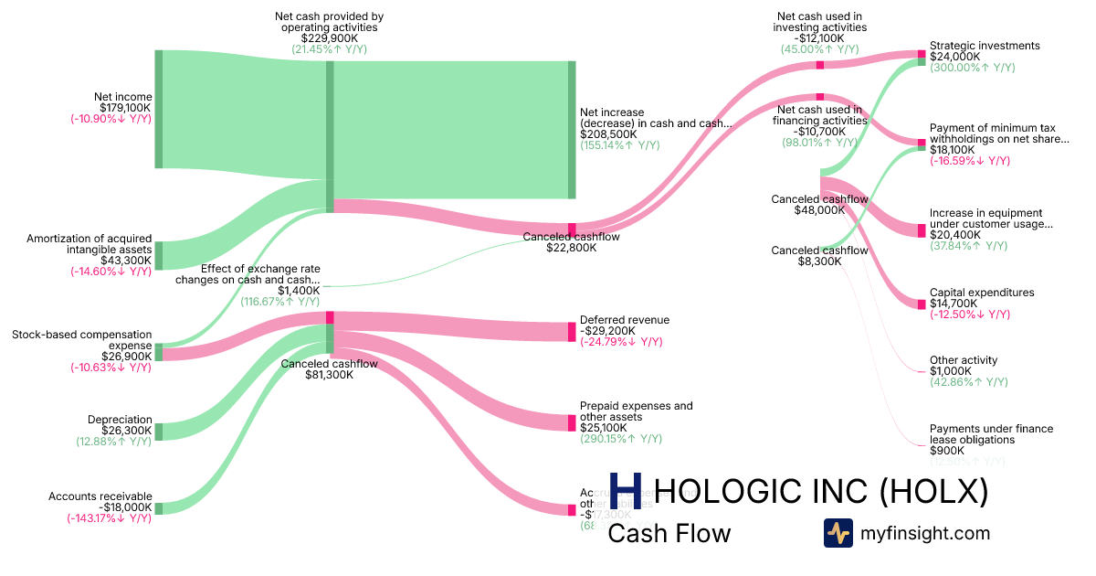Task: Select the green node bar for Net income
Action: [158, 110]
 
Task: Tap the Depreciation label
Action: [120, 420]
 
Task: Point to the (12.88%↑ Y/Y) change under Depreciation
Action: [113, 442]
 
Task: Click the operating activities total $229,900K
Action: [329, 38]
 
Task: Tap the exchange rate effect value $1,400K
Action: [299, 291]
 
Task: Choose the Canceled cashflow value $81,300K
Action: [329, 375]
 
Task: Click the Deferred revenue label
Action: [624, 320]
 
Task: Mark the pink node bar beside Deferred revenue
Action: [573, 332]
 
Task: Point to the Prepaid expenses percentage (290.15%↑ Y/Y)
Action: [621, 439]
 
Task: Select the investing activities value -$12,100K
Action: [819, 38]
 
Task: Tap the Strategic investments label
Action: [985, 46]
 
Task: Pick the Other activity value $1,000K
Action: [951, 371]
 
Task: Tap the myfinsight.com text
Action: [925, 533]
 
